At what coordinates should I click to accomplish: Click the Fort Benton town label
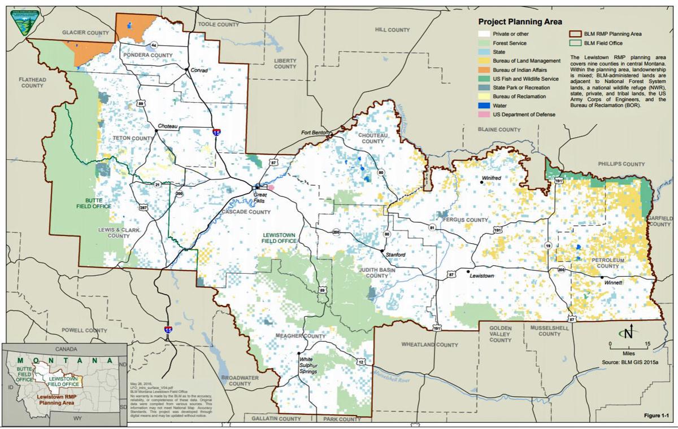click(x=315, y=133)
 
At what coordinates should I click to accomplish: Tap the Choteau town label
click(x=168, y=126)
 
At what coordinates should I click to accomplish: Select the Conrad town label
click(x=199, y=71)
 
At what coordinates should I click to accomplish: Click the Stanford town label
click(x=395, y=255)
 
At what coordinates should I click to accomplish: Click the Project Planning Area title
click(x=520, y=22)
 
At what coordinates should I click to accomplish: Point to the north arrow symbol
click(x=628, y=332)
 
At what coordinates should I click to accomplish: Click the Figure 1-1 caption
click(x=659, y=415)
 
